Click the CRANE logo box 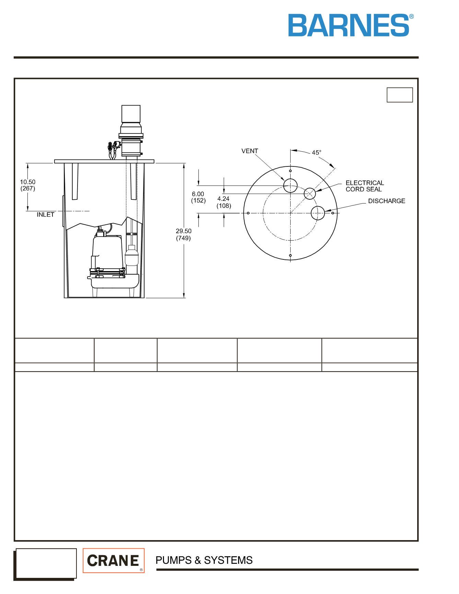click(114, 560)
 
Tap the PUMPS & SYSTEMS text click(204, 560)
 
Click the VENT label click(250, 151)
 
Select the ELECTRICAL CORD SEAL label click(365, 186)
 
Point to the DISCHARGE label click(387, 201)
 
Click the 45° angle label click(316, 152)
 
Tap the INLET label click(46, 214)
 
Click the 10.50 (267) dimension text click(28, 185)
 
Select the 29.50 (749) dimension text click(184, 234)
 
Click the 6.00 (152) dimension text click(198, 197)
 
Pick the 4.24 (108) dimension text click(224, 202)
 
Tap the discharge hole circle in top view click(318, 207)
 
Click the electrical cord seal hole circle click(310, 188)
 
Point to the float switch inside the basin click(131, 255)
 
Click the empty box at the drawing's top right click(400, 95)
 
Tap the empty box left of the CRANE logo click(46, 563)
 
